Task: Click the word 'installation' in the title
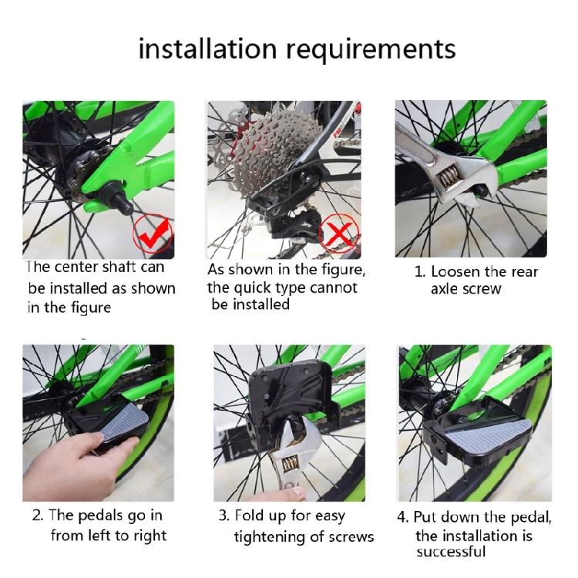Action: pos(207,49)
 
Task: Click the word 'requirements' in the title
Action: pos(371,51)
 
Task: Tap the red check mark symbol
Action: pos(153,233)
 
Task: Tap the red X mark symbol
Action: pos(338,233)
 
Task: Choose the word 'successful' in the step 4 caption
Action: pos(451,552)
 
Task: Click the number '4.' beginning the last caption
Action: pos(403,517)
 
